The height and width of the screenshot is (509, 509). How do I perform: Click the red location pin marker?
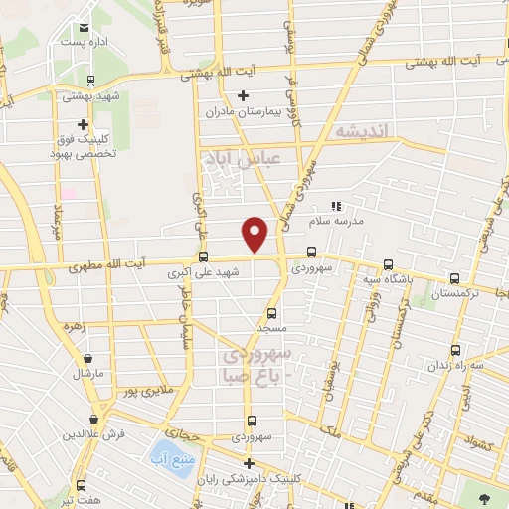pos(255,233)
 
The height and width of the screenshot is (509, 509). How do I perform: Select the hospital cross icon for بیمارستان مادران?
pos(244,96)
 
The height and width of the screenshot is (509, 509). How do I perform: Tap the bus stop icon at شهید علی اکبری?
pos(205,255)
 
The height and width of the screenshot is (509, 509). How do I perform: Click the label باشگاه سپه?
pos(388,279)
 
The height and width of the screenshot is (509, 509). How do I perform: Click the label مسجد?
pos(258,327)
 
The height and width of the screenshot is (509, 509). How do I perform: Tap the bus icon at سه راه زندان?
pos(455,350)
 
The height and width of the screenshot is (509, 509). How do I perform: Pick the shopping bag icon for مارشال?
pos(89,359)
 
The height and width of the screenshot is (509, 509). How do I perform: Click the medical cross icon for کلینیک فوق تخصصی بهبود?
pos(83,125)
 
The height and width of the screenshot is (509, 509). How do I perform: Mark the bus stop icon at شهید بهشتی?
pos(90,82)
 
